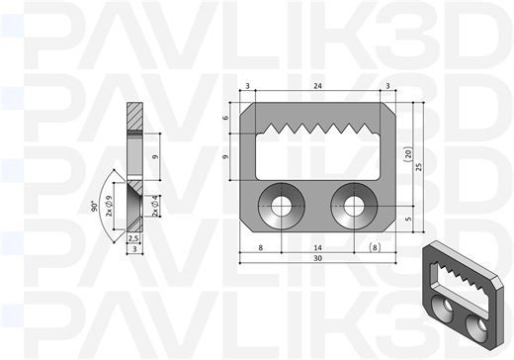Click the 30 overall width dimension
(317, 258)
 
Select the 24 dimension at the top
(317, 86)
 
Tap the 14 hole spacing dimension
(317, 248)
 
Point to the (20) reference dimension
(408, 154)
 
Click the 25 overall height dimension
(419, 166)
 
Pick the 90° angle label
(95, 206)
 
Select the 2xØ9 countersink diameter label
(109, 206)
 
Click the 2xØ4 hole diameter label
(155, 206)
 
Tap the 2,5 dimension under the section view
(132, 238)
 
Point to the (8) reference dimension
(375, 247)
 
